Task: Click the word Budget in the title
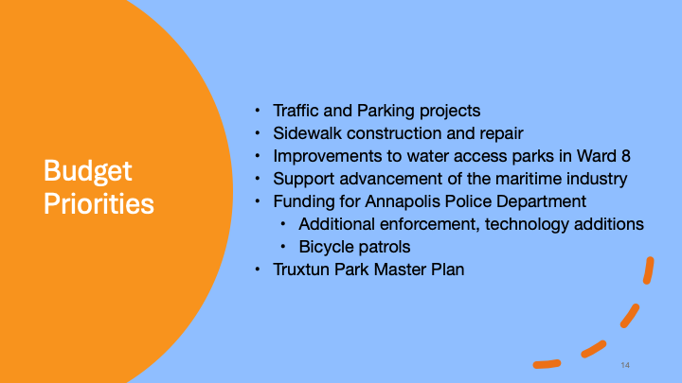click(x=87, y=171)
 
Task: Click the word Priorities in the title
click(x=99, y=203)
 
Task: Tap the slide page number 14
click(x=625, y=365)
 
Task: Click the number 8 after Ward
click(x=626, y=156)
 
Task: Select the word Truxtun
click(x=301, y=270)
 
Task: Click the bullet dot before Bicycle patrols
click(x=283, y=247)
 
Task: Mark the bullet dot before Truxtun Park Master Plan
click(x=258, y=270)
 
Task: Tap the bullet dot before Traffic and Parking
click(x=258, y=111)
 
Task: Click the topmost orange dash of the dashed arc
click(x=649, y=270)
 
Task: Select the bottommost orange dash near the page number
click(x=547, y=364)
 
